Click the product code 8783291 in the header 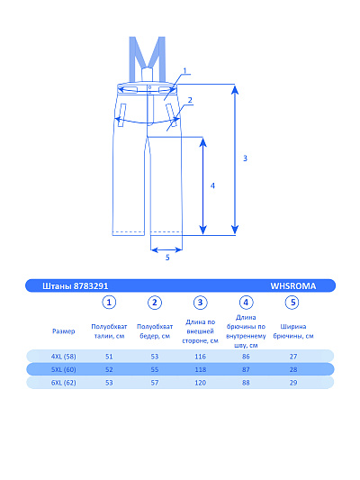pos(91,285)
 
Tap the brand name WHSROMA pos(293,285)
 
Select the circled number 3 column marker pos(201,303)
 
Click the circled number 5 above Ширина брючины pos(292,303)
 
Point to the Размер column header pos(64,331)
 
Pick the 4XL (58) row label pos(64,357)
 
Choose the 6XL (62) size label pos(64,383)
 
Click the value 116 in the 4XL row pos(201,357)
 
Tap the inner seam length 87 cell pos(246,369)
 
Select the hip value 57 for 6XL pos(155,383)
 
